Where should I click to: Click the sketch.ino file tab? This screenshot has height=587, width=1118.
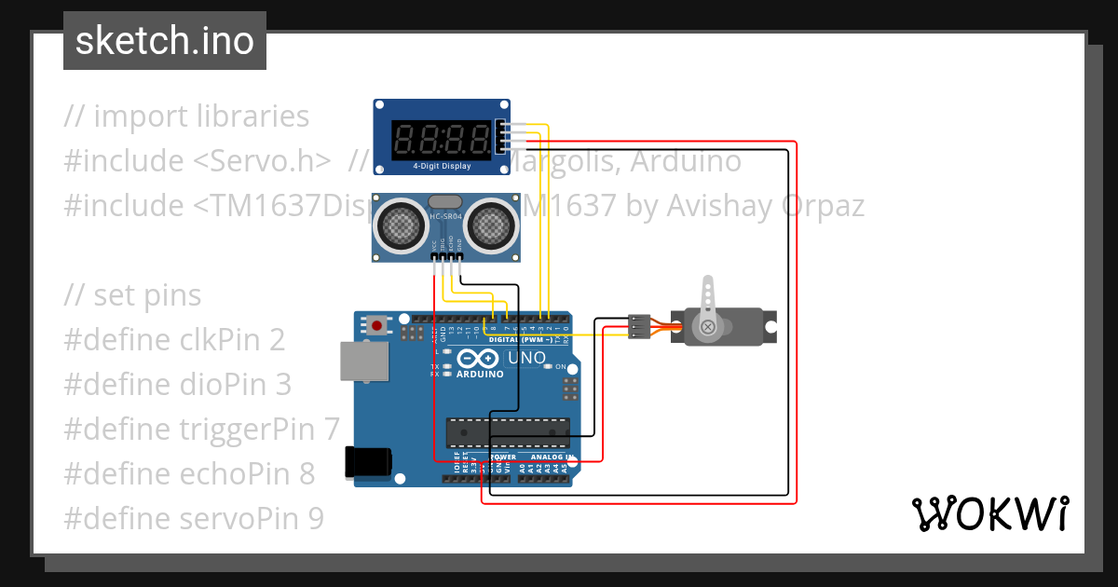164,41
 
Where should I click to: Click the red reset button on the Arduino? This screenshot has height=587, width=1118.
376,325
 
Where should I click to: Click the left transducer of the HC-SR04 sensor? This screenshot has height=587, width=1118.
400,224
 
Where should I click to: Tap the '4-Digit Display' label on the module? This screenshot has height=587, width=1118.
442,167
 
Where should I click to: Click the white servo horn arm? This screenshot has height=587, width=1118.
709,296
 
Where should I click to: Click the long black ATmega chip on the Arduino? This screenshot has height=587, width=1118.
508,433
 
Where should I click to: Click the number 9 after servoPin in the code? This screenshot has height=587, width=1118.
315,518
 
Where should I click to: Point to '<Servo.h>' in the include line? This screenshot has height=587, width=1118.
262,161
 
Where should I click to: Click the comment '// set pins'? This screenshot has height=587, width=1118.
132,295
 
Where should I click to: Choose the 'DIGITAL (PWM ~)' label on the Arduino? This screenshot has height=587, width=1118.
521,340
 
